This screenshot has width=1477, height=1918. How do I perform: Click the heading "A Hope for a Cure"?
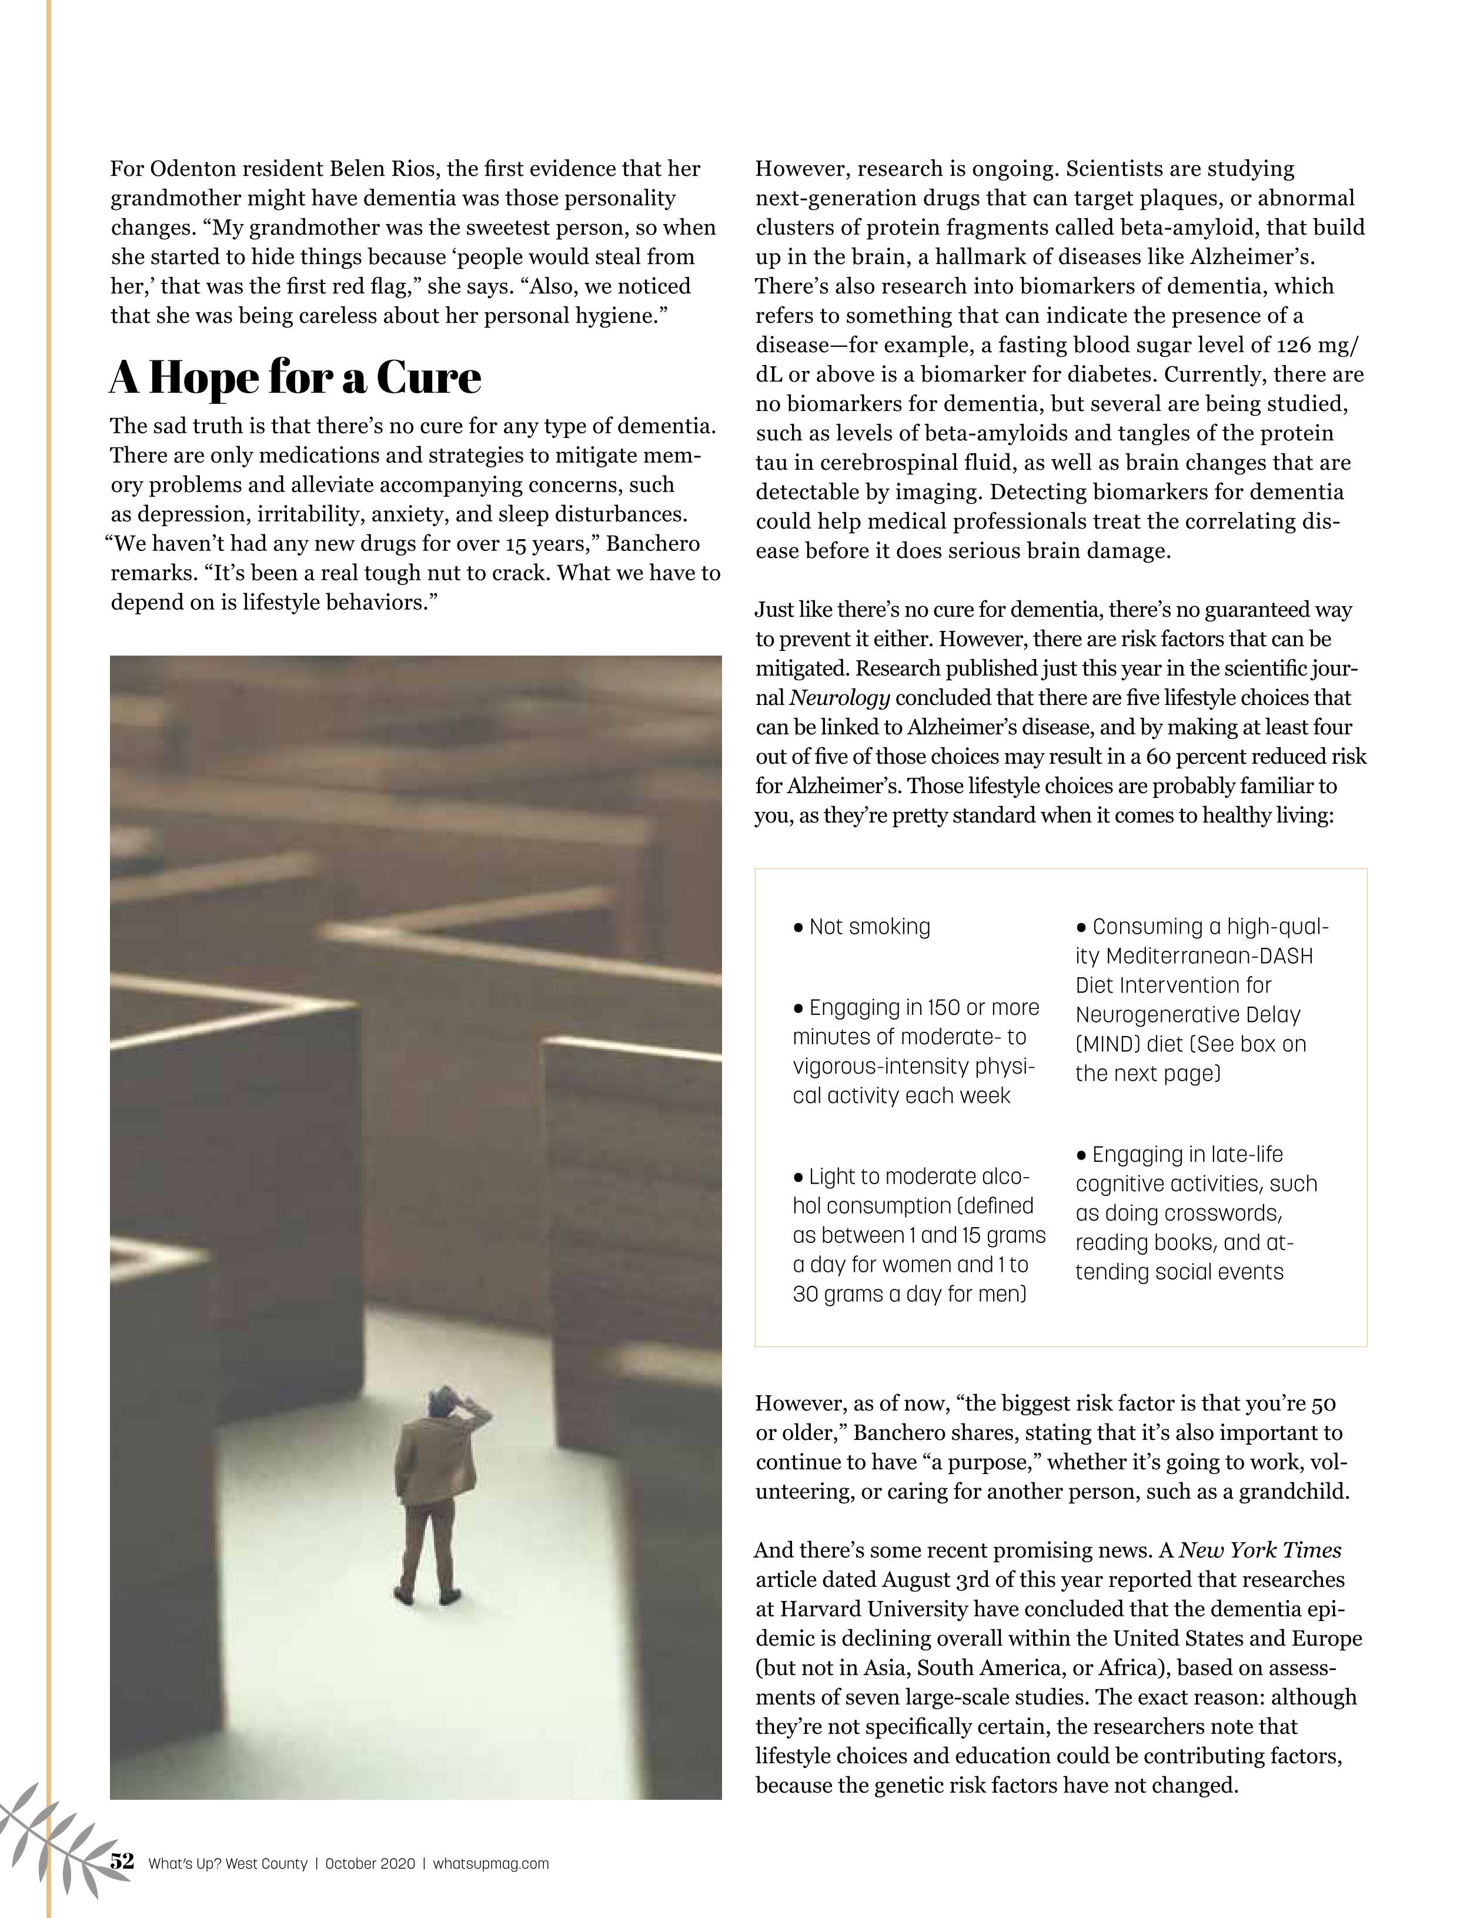295,377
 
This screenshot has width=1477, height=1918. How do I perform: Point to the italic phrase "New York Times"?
1260,1550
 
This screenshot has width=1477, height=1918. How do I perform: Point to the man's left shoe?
404,1594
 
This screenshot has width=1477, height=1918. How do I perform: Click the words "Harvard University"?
874,1609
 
